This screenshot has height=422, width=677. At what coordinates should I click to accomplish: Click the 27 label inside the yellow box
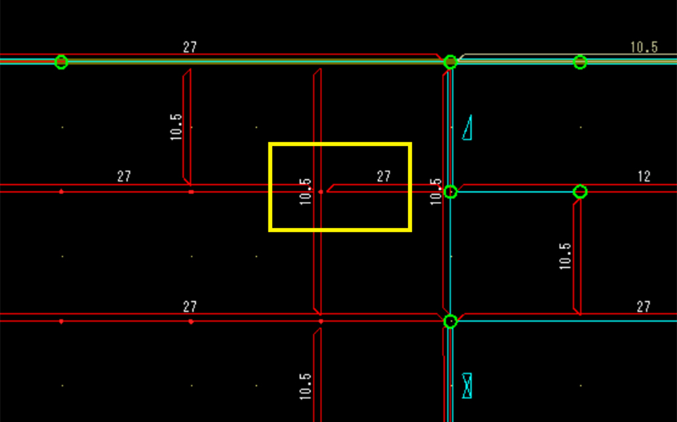click(x=383, y=176)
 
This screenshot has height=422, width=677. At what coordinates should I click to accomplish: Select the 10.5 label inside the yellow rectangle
click(x=305, y=191)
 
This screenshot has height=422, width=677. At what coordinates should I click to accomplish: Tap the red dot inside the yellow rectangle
click(x=321, y=192)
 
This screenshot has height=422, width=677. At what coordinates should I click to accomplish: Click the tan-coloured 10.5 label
click(x=643, y=47)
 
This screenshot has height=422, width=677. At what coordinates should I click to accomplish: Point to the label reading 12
click(x=644, y=176)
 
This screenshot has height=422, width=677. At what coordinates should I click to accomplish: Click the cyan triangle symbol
click(x=468, y=128)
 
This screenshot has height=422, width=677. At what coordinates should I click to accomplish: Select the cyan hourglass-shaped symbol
click(x=467, y=385)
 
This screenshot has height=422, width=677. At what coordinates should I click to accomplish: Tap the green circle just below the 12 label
click(x=580, y=191)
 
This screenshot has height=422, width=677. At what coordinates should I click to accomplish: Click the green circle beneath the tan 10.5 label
click(x=580, y=62)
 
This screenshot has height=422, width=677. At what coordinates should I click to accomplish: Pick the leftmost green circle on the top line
click(x=61, y=62)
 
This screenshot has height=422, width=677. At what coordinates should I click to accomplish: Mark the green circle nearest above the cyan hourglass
click(x=450, y=321)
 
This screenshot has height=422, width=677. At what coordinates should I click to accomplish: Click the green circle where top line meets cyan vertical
click(x=450, y=62)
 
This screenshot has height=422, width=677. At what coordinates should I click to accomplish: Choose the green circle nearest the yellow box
click(x=450, y=191)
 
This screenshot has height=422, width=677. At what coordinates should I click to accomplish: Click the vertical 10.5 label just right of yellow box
click(x=436, y=191)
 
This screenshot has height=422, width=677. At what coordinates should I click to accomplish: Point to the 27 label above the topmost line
click(x=190, y=47)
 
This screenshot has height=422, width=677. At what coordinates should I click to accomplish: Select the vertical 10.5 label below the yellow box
click(x=305, y=386)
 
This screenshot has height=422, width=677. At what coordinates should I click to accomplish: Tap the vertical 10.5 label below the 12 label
click(x=565, y=256)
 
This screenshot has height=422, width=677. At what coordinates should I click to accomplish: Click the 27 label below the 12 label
click(x=644, y=307)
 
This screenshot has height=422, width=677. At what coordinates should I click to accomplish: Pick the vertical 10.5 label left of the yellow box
click(x=175, y=126)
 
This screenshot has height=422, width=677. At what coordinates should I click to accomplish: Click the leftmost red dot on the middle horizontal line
click(x=61, y=191)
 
